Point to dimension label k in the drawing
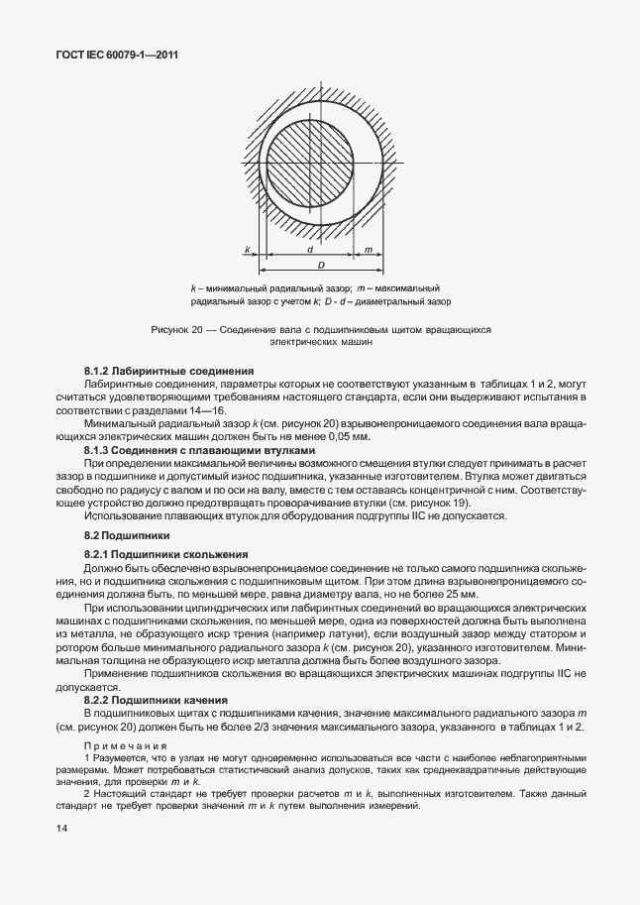[x=247, y=250]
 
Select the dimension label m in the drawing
[x=368, y=250]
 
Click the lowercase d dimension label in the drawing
[x=309, y=250]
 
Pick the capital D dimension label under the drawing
[x=321, y=266]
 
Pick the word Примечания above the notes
[x=126, y=746]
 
